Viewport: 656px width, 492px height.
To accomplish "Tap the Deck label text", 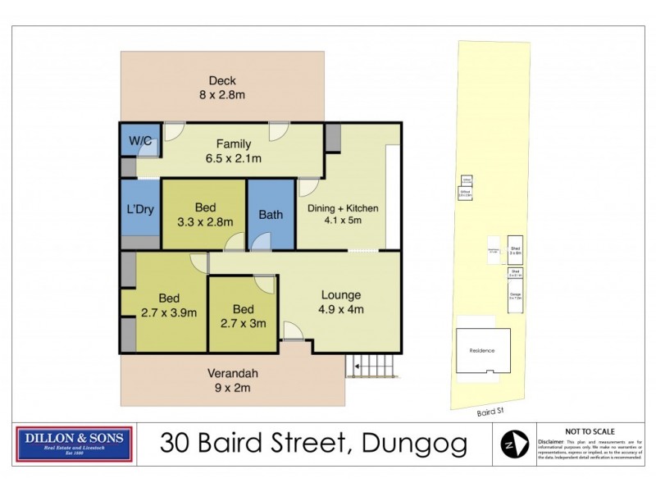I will [221, 80].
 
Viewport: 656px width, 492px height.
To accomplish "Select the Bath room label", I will [271, 215].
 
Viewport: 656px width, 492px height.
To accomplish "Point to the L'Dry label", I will [139, 209].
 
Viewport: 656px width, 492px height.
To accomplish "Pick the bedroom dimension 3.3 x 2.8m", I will [204, 221].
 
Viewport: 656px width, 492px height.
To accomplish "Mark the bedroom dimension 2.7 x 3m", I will [244, 323].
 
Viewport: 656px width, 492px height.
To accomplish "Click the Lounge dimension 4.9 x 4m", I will [341, 309].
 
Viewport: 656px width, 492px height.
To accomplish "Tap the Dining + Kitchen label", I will [343, 208].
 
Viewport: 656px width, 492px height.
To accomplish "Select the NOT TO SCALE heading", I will [590, 431].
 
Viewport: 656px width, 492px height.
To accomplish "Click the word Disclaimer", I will [552, 441].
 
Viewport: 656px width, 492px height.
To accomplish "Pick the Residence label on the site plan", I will [481, 350].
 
